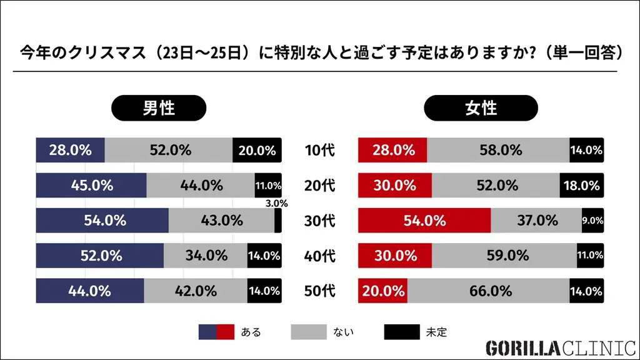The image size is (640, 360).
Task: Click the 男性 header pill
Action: pyautogui.click(x=159, y=107)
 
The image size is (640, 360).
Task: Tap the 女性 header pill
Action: pyautogui.click(x=481, y=107)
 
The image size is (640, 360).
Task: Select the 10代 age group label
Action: pyautogui.click(x=319, y=150)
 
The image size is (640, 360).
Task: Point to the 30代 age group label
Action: pyautogui.click(x=319, y=221)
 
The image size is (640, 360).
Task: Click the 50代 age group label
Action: pyautogui.click(x=319, y=291)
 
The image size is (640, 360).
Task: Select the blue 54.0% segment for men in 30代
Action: pyautogui.click(x=102, y=221)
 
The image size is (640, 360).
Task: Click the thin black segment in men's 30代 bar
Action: pyautogui.click(x=277, y=221)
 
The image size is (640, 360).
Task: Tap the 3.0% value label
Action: pyautogui.click(x=276, y=203)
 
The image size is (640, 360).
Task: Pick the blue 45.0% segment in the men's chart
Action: pyautogui.click(x=91, y=186)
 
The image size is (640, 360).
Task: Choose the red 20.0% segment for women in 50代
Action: pyautogui.click(x=382, y=291)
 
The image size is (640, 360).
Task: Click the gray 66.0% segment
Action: pyautogui.click(x=488, y=291)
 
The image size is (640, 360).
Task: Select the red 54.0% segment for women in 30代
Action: pyautogui.click(x=424, y=221)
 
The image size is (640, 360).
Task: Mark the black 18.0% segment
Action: pyautogui.click(x=582, y=186)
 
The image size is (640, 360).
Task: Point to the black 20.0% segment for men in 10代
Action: pyautogui.click(x=257, y=150)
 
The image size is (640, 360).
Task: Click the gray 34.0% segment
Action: pyautogui.click(x=206, y=256)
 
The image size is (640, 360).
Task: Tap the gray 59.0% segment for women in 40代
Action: pyautogui.click(x=504, y=256)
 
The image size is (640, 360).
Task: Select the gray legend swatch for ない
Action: pyautogui.click(x=309, y=332)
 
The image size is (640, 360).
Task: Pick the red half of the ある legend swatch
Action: pyautogui.click(x=225, y=332)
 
